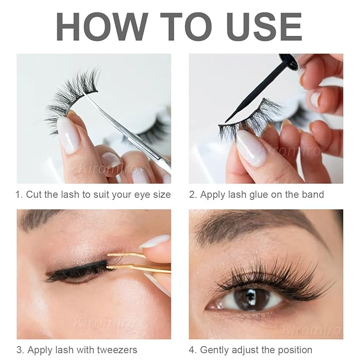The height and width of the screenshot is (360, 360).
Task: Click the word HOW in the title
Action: [101, 25]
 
